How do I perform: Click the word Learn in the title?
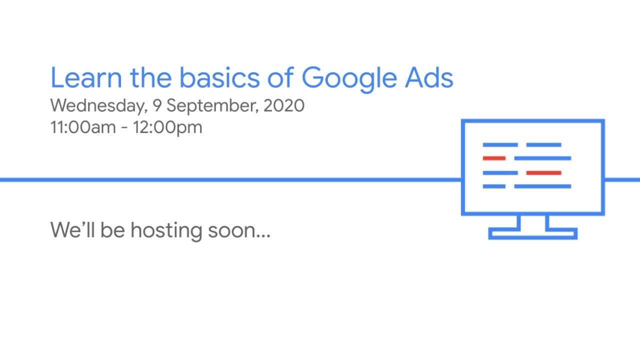[x=85, y=78]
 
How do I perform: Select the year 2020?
[x=284, y=106]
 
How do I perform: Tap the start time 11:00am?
[x=83, y=127]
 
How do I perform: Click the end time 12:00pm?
[x=167, y=127]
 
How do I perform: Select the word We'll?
[x=73, y=230]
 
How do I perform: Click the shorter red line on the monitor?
[x=494, y=158]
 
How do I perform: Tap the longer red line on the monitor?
[x=543, y=173]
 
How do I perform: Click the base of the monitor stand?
[x=533, y=233]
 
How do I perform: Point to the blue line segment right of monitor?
[x=622, y=179]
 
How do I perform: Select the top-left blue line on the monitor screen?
[x=500, y=145]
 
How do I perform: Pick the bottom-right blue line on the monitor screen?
[x=542, y=186]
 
